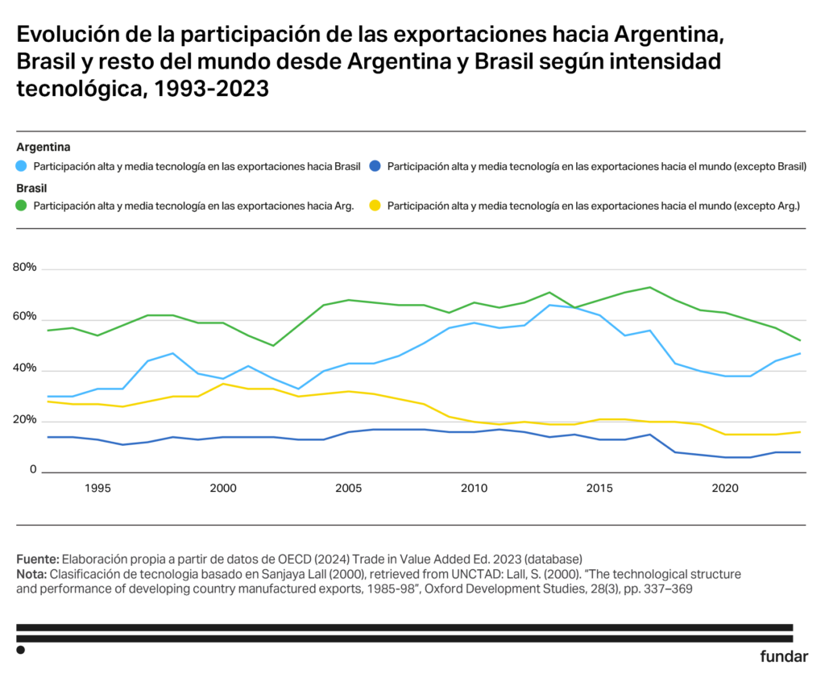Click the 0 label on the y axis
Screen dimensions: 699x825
point(33,469)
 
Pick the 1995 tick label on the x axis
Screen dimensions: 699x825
point(97,489)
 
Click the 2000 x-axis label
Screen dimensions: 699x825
point(223,489)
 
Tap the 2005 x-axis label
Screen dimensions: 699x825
point(348,489)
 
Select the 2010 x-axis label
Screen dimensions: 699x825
point(474,489)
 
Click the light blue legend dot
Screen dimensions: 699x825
point(22,167)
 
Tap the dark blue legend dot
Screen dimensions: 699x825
point(375,167)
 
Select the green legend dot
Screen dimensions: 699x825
point(22,206)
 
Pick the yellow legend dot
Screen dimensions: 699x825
point(375,206)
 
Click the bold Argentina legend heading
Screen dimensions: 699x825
point(44,148)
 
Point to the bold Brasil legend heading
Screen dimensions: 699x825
point(31,187)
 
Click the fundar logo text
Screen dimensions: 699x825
point(783,656)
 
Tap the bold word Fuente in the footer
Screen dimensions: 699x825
point(37,559)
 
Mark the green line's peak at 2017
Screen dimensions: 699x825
point(649,287)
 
